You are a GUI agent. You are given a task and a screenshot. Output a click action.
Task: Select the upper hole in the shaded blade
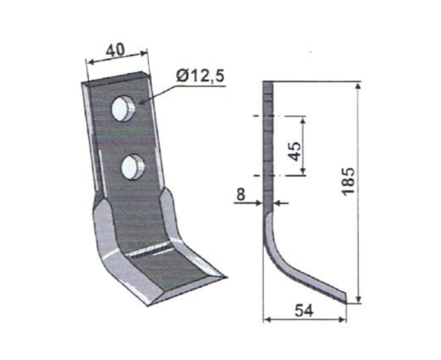click(124, 109)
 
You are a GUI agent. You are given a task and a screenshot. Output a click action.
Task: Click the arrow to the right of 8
click(280, 204)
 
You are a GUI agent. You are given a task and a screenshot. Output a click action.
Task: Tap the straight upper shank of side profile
click(268, 141)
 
